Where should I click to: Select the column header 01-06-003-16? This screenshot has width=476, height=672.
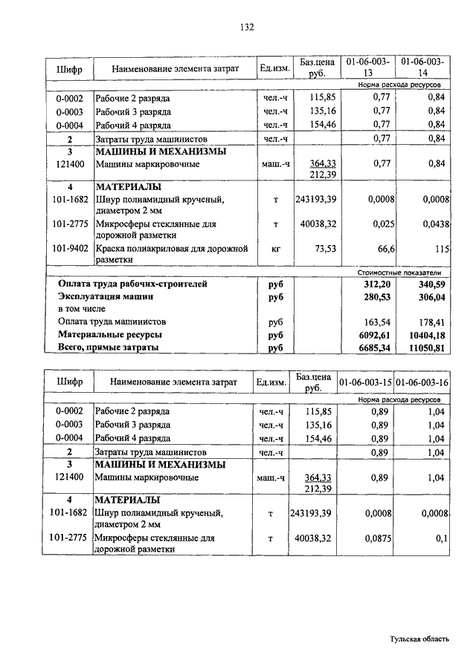pos(422,382)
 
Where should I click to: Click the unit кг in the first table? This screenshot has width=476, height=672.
pos(275,248)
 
